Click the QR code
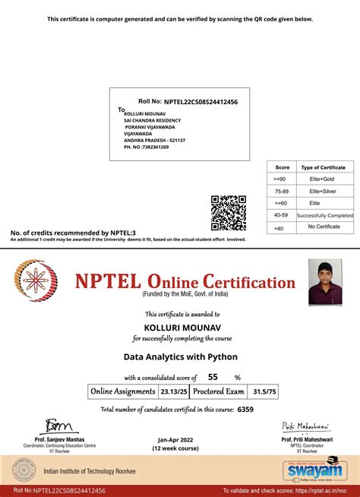[227, 213]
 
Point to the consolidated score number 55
[213, 376]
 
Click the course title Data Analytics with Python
[180, 355]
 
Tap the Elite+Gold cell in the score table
[323, 179]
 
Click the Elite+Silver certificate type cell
[323, 192]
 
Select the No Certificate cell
[323, 227]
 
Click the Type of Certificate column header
[323, 167]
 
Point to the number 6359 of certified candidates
[245, 410]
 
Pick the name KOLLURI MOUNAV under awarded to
[180, 326]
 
